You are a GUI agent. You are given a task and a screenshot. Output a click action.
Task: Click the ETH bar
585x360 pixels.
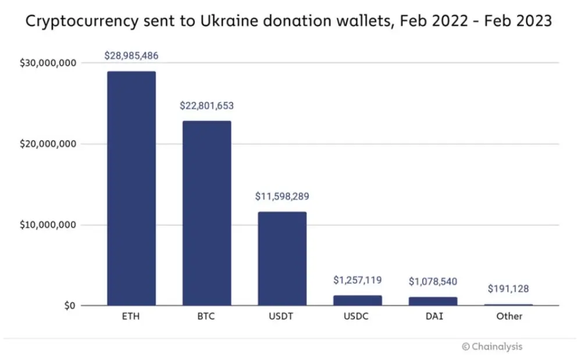[x=131, y=188]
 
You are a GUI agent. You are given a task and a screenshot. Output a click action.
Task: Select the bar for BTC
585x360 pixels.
[x=207, y=213]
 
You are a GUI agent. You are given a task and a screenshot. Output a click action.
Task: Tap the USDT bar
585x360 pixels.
[x=282, y=258]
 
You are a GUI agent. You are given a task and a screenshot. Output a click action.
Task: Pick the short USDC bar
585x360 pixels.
[x=358, y=300]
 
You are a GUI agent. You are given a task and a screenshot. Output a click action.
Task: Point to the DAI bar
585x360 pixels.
[x=433, y=301]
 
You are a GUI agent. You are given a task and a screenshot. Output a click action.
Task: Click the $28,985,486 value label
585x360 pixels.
[x=131, y=56]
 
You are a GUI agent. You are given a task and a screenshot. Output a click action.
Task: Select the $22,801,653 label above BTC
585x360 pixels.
[x=207, y=106]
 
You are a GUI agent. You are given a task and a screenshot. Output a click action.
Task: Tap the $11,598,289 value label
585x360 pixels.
[x=282, y=197]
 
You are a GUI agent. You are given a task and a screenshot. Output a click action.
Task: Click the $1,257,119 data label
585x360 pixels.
[x=358, y=280]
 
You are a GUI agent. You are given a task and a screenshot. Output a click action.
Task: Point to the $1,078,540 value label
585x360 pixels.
[x=433, y=282]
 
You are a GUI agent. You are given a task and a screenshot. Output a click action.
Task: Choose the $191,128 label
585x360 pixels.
[x=508, y=289]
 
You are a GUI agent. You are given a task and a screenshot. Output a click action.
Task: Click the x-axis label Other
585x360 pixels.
[x=509, y=317]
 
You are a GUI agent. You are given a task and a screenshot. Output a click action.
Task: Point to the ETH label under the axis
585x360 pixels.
[x=131, y=317]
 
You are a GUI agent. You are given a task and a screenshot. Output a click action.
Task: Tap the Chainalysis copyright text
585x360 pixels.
[x=492, y=347]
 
